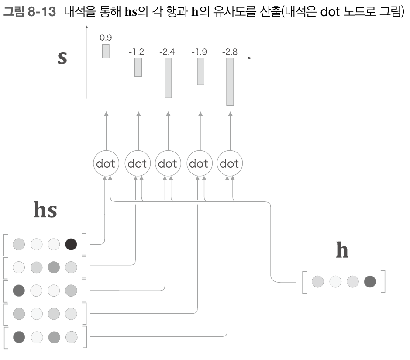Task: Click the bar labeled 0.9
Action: pyautogui.click(x=106, y=51)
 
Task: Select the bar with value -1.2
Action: pyautogui.click(x=138, y=67)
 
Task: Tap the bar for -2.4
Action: pyautogui.click(x=168, y=78)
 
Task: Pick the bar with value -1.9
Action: pyautogui.click(x=201, y=71)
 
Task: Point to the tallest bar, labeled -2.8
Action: pyautogui.click(x=230, y=82)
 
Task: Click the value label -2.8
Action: pyautogui.click(x=230, y=52)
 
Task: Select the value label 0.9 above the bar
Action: pyautogui.click(x=105, y=38)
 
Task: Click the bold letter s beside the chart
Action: pyautogui.click(x=62, y=58)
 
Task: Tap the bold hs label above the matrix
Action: pyautogui.click(x=45, y=210)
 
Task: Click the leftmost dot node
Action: pyautogui.click(x=106, y=164)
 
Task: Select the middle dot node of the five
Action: pyautogui.click(x=168, y=164)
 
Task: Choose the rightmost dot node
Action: pyautogui.click(x=230, y=164)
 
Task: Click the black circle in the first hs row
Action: pyautogui.click(x=71, y=244)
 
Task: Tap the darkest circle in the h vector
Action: pyautogui.click(x=370, y=282)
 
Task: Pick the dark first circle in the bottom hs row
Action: pyautogui.click(x=19, y=337)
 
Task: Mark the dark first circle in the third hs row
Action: pyautogui.click(x=19, y=290)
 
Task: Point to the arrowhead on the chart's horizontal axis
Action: pyautogui.click(x=250, y=58)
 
